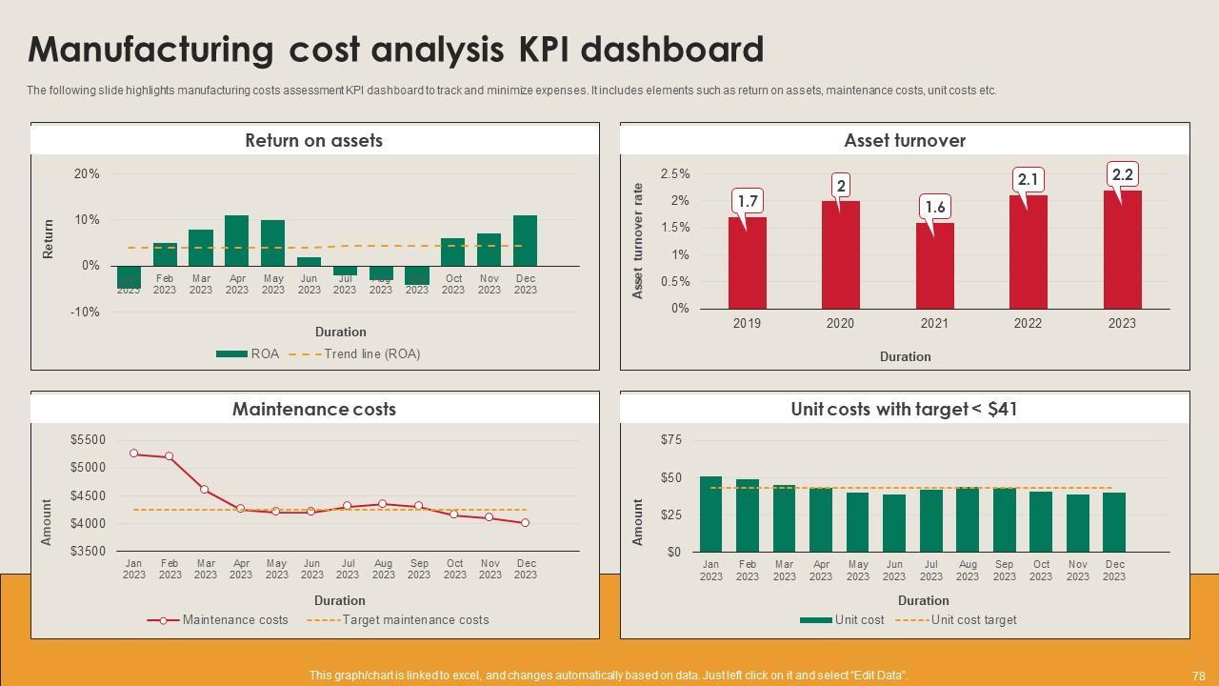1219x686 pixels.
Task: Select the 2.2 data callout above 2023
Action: coord(1123,175)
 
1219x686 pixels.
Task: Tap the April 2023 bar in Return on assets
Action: coord(236,240)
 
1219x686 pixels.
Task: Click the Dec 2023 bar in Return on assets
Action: coord(525,240)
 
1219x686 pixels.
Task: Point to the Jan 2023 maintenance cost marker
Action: coord(133,454)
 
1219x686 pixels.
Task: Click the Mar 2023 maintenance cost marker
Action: coord(205,490)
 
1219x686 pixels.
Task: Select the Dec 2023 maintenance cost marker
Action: coord(525,523)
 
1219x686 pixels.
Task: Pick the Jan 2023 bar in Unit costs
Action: coord(710,514)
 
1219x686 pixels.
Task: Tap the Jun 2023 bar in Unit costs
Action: coord(894,523)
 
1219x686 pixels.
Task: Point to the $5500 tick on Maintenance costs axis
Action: coord(88,440)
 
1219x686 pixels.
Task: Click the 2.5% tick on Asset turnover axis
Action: coord(674,174)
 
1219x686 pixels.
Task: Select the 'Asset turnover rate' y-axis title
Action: coord(638,240)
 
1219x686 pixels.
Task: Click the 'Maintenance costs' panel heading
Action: coord(314,410)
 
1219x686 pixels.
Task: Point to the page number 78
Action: coord(1198,676)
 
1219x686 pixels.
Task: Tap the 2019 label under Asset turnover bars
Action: coord(747,324)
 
